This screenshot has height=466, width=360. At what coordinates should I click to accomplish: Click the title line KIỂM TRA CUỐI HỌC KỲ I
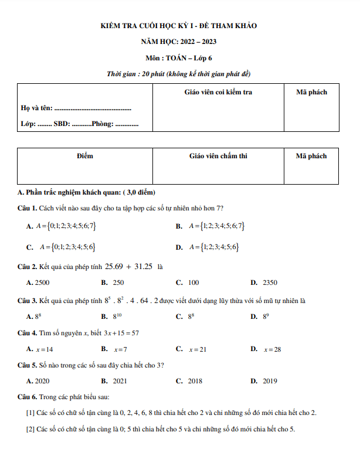pyautogui.click(x=179, y=26)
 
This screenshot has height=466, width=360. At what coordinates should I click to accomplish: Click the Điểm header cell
pyautogui.click(x=85, y=156)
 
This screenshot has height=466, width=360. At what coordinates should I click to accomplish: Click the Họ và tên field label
pyautogui.click(x=36, y=108)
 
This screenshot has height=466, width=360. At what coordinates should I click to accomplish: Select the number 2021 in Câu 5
pyautogui.click(x=120, y=380)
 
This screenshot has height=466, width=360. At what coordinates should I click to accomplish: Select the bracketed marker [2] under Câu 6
pyautogui.click(x=30, y=428)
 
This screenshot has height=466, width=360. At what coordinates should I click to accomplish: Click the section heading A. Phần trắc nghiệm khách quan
pyautogui.click(x=86, y=192)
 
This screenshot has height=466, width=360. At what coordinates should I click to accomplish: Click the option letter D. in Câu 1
pyautogui.click(x=179, y=247)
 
